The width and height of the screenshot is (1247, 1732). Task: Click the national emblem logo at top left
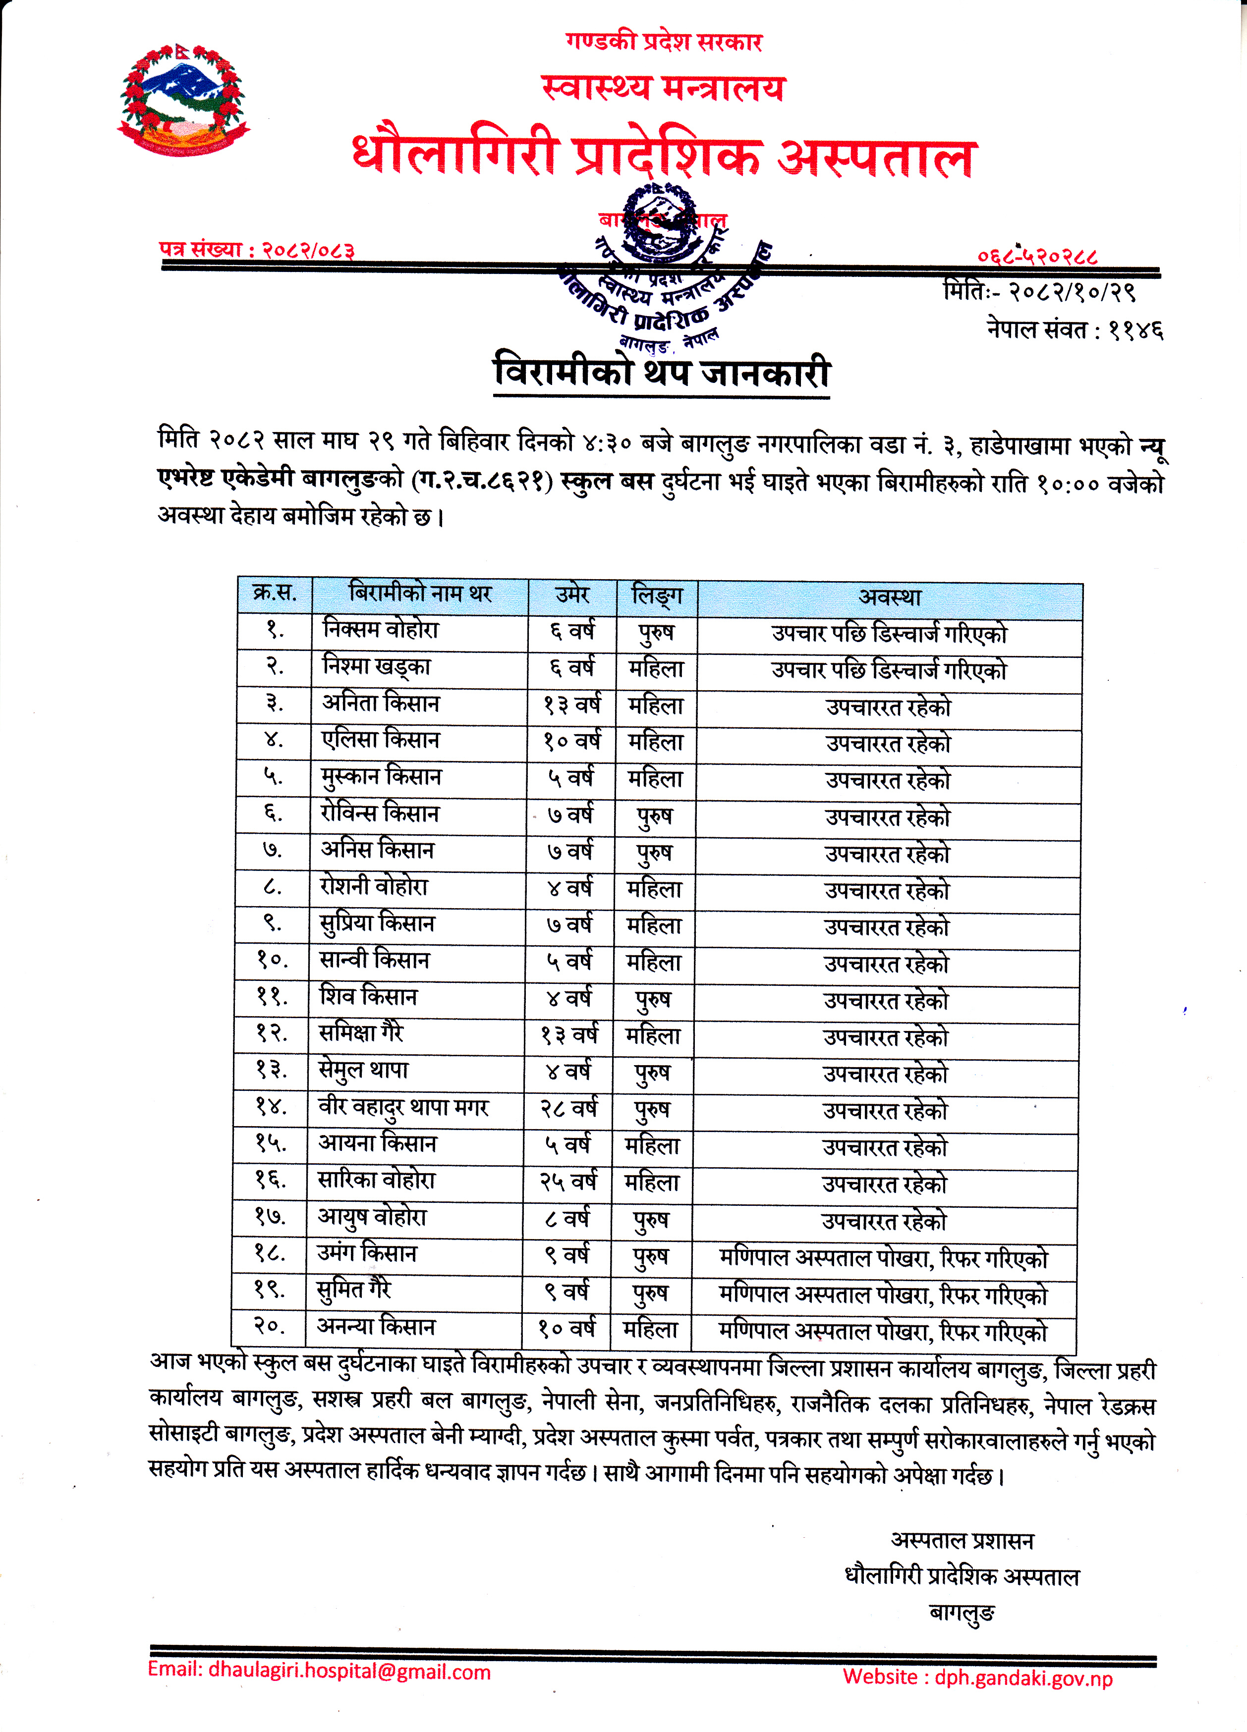click(183, 99)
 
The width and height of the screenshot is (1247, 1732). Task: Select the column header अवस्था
click(889, 596)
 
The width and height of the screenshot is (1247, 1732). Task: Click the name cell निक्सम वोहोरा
click(381, 630)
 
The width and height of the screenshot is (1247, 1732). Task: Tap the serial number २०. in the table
click(270, 1326)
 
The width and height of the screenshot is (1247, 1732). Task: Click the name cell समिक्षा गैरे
click(361, 1033)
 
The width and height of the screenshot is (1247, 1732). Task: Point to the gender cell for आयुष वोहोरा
click(651, 1220)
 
